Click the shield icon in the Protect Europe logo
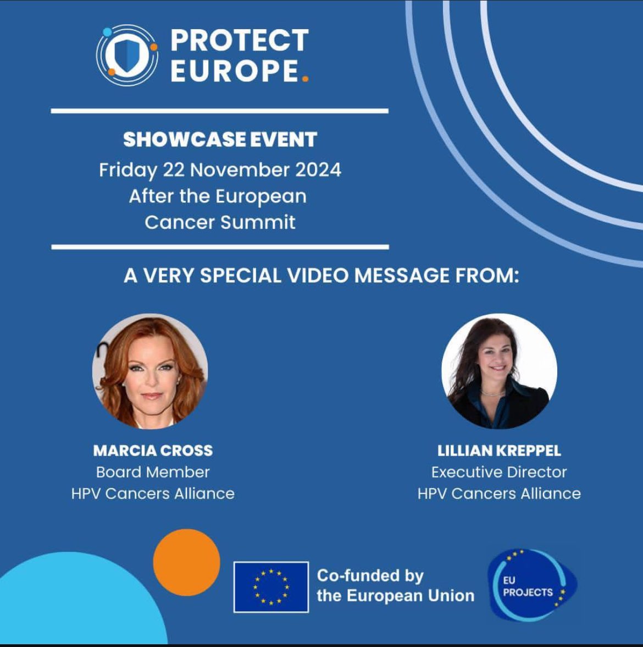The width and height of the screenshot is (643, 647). [127, 54]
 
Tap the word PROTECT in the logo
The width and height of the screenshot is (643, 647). [239, 41]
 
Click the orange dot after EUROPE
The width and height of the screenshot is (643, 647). [305, 79]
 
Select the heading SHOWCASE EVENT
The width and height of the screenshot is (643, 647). [220, 140]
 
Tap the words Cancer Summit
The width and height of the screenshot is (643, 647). [220, 222]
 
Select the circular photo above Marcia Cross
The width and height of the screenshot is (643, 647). [150, 371]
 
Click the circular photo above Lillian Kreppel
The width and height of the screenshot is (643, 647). [499, 371]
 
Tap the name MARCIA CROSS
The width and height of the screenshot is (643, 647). [153, 451]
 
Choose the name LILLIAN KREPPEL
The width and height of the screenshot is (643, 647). [499, 451]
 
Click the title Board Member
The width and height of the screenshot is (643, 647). [153, 472]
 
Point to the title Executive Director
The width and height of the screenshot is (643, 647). [499, 472]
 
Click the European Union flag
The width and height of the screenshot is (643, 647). [271, 586]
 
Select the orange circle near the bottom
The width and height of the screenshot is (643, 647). [186, 562]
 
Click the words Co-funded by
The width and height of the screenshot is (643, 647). [370, 576]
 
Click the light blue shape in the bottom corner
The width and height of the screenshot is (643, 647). [71, 605]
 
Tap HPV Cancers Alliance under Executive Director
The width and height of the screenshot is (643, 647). [499, 494]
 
